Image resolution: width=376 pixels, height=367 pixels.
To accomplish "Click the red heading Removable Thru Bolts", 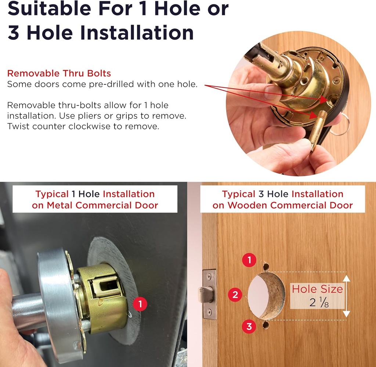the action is click(59, 73).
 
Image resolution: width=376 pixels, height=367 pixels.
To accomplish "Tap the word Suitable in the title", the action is click(50, 8).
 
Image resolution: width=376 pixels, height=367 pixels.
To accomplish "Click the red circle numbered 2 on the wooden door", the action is click(235, 295).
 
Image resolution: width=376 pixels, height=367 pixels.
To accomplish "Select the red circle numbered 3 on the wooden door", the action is click(249, 327).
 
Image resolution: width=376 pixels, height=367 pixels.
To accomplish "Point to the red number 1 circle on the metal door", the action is click(140, 304).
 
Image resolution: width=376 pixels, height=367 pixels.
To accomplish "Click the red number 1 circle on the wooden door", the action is click(249, 260).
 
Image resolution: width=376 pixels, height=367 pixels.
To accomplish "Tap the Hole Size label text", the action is click(317, 289).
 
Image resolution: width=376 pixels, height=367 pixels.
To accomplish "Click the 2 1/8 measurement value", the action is click(319, 302).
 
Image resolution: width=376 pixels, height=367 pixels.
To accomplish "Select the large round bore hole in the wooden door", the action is click(266, 296).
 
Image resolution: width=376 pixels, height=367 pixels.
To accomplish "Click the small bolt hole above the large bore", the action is click(266, 267).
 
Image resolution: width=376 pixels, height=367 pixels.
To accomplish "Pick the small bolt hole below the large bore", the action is click(266, 325).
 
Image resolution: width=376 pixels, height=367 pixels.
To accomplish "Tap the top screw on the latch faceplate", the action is click(209, 276).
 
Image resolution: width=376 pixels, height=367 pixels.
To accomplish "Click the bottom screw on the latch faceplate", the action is click(209, 312).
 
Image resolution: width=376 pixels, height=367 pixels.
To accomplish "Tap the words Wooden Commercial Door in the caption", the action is click(290, 205).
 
